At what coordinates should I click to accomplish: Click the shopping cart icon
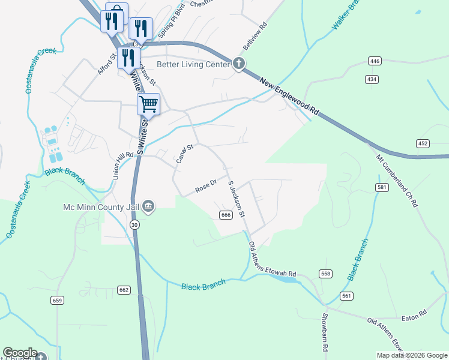click(148, 104)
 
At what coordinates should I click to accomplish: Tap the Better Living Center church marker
click(238, 64)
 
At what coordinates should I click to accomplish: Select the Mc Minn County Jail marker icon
click(149, 207)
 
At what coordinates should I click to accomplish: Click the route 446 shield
click(375, 61)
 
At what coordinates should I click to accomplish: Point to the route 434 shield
click(372, 79)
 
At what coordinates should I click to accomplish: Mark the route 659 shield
click(58, 300)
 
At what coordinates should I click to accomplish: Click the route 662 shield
click(124, 290)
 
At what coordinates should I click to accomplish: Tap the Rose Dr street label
click(206, 187)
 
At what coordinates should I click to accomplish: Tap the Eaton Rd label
click(414, 313)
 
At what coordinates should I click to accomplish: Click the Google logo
click(20, 353)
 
